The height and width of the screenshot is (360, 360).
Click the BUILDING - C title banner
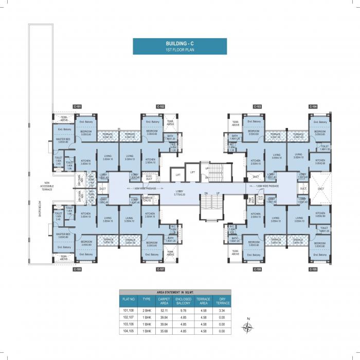click(179, 46)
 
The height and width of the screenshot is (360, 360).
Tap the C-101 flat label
click(77, 106)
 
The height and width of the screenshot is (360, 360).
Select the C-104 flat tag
click(313, 106)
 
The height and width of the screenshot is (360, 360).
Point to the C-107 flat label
click(161, 269)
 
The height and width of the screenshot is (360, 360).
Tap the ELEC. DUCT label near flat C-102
click(150, 177)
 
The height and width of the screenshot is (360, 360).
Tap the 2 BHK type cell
click(146, 311)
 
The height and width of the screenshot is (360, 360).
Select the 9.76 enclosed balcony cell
click(184, 311)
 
